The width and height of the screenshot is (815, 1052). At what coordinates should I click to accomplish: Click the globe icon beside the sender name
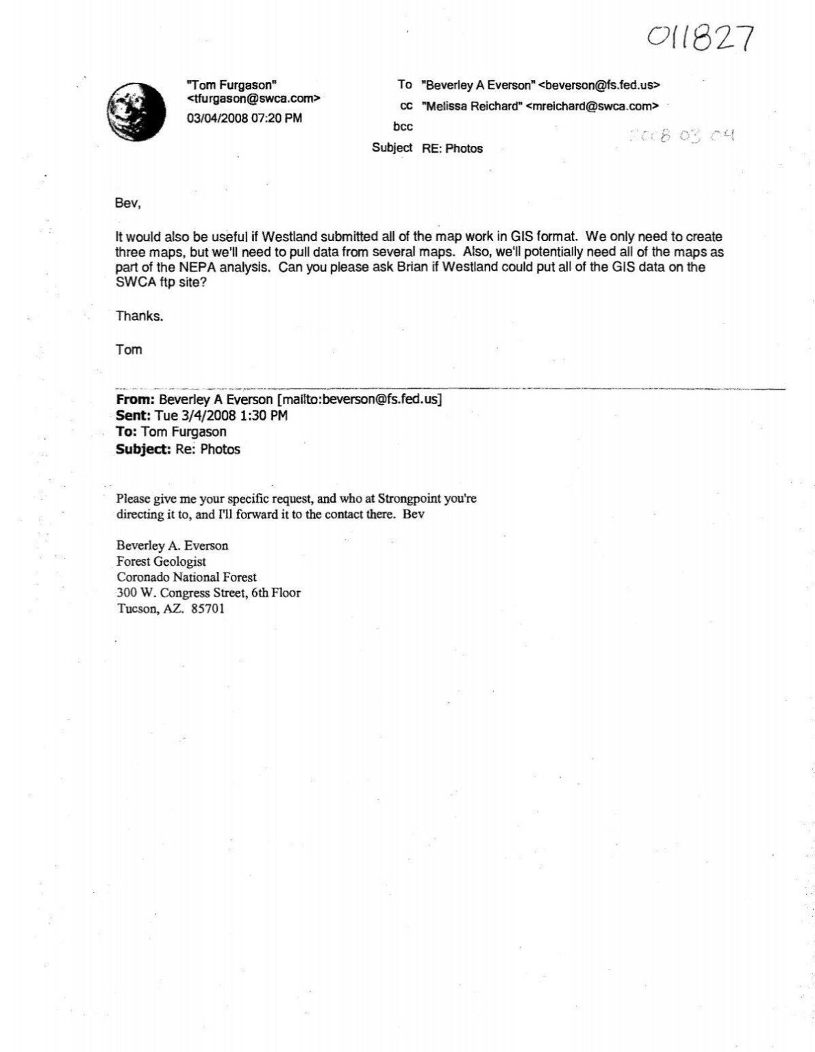click(x=137, y=108)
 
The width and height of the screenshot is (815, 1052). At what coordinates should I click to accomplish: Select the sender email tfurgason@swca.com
click(x=253, y=100)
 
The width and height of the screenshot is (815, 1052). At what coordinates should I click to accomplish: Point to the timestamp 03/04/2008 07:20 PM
click(x=244, y=118)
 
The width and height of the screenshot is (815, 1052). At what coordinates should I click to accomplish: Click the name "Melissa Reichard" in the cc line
click(x=472, y=106)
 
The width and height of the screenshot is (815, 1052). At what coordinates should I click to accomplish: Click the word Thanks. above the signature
click(x=140, y=316)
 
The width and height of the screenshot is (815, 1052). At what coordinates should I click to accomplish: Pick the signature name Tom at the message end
click(x=129, y=350)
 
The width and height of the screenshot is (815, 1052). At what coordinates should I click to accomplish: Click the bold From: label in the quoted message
click(x=136, y=400)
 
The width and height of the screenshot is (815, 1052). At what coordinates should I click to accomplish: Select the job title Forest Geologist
click(x=162, y=562)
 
